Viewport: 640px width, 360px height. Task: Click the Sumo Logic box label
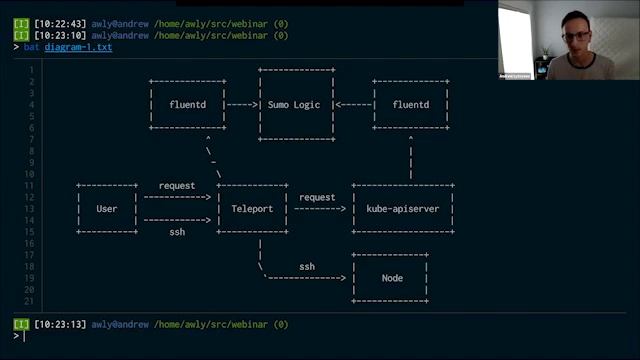(x=295, y=104)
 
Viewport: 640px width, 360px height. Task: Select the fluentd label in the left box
(x=187, y=104)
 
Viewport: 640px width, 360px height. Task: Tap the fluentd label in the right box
(x=411, y=104)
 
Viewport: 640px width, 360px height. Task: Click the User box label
(x=107, y=209)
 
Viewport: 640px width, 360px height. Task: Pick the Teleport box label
(x=251, y=209)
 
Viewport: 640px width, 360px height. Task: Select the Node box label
(x=392, y=278)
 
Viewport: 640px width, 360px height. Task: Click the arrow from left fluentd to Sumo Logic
(x=242, y=104)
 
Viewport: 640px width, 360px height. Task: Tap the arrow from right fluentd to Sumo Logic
(x=353, y=104)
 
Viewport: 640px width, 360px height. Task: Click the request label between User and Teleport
(x=177, y=186)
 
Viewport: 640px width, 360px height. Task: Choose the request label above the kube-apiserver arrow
(x=317, y=197)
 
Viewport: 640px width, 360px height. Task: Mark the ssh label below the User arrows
(x=176, y=232)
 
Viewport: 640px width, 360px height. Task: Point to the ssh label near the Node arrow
(x=307, y=266)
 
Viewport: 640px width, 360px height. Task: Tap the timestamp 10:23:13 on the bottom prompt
(x=59, y=324)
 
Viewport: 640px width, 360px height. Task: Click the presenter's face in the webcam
(x=576, y=39)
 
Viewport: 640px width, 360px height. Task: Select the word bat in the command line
(x=30, y=48)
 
